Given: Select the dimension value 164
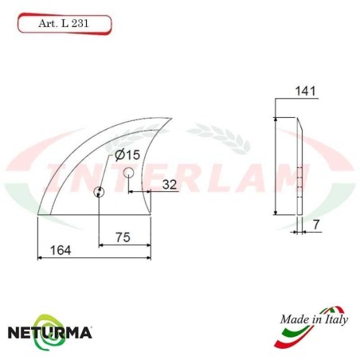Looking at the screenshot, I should pyautogui.click(x=61, y=250).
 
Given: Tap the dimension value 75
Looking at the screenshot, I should pyautogui.click(x=122, y=238).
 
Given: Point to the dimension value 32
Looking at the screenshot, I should pyautogui.click(x=169, y=184).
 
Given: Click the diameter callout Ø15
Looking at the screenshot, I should pyautogui.click(x=127, y=155).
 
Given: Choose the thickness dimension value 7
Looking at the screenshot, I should pyautogui.click(x=316, y=225).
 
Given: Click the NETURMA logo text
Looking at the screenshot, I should pyautogui.click(x=49, y=330).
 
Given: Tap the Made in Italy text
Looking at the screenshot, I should pyautogui.click(x=314, y=320).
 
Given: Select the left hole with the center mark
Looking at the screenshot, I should pyautogui.click(x=99, y=191).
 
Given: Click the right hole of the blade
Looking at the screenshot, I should pyautogui.click(x=128, y=172).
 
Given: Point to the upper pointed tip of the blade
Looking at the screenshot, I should pyautogui.click(x=170, y=117).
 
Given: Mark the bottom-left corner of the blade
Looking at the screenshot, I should pyautogui.click(x=38, y=214).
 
